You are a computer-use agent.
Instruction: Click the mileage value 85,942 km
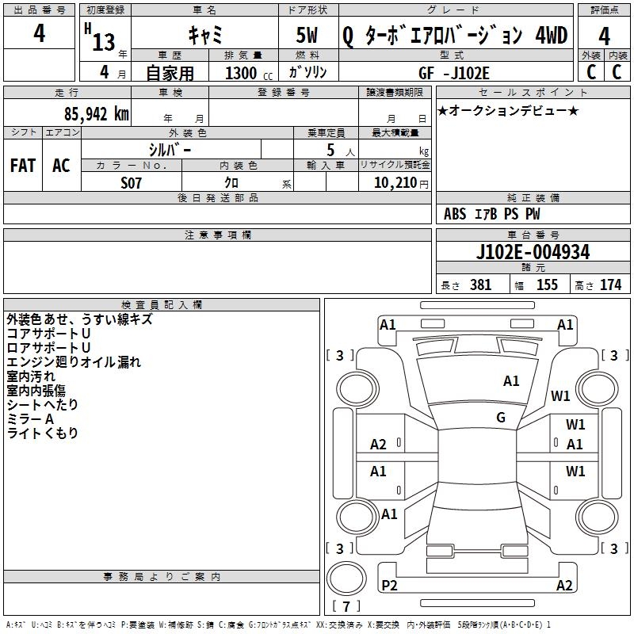tap(96, 114)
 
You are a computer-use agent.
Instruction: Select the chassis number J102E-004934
tap(533, 252)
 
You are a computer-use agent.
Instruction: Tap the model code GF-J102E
tap(454, 73)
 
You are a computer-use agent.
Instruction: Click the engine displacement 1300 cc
tap(249, 73)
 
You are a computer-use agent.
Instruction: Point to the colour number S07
tap(131, 183)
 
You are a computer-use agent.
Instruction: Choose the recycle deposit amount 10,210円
tap(401, 183)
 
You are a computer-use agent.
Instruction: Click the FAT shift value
tap(23, 166)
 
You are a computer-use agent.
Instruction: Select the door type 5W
tap(307, 35)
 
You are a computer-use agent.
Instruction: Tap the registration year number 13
tap(104, 42)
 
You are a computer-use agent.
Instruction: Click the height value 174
tap(610, 285)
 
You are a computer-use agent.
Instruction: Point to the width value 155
tap(547, 285)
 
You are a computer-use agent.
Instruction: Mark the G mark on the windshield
tap(501, 418)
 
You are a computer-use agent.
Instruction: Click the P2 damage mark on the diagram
tap(389, 585)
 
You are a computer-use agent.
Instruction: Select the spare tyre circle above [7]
tap(346, 579)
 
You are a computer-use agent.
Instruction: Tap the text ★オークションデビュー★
tap(508, 111)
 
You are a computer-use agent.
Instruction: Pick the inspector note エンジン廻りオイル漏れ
tap(74, 362)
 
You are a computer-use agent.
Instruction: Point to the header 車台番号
tap(533, 235)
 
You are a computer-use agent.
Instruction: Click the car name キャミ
tap(205, 35)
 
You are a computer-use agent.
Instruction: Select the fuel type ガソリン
tap(307, 72)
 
